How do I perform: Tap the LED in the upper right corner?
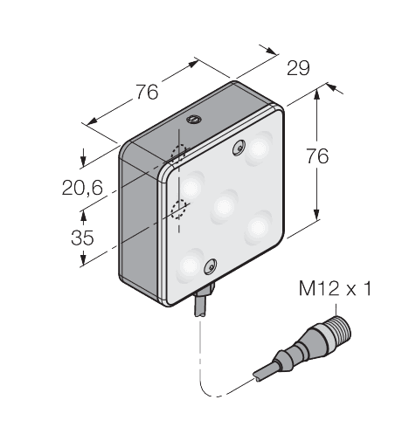click(260, 148)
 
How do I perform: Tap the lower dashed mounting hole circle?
click(180, 209)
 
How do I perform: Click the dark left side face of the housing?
click(140, 218)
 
